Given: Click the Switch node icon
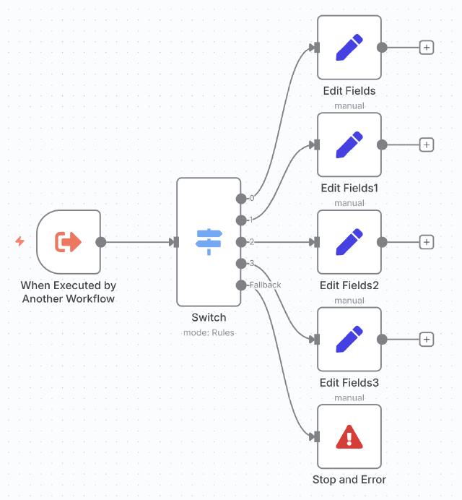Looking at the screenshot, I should coord(209,242).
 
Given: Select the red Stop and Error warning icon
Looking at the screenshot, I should coord(349,436).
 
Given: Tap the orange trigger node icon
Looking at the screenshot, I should coord(69,242).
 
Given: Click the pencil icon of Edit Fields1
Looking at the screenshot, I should coord(349,145).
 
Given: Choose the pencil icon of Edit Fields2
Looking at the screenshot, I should coord(349,242).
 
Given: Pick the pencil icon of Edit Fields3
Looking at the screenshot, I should coord(349,339).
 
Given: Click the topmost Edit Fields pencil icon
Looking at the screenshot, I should coord(349,48).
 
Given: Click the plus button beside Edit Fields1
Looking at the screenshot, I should coord(427,145).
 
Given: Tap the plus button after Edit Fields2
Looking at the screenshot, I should coord(427,242).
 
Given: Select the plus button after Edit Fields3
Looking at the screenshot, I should coord(427,339).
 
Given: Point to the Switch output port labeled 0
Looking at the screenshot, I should coord(240,198).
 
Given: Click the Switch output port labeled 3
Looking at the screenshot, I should coord(240,263).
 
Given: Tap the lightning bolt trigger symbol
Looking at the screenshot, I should coord(20,241).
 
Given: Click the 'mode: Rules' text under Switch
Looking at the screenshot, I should coord(209,332).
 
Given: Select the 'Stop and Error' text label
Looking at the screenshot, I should coord(349,479).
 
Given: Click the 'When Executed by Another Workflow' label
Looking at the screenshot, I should coord(69,293).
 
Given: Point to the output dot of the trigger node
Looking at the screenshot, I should coord(101,242).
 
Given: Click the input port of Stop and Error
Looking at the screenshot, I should coord(315,436).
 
